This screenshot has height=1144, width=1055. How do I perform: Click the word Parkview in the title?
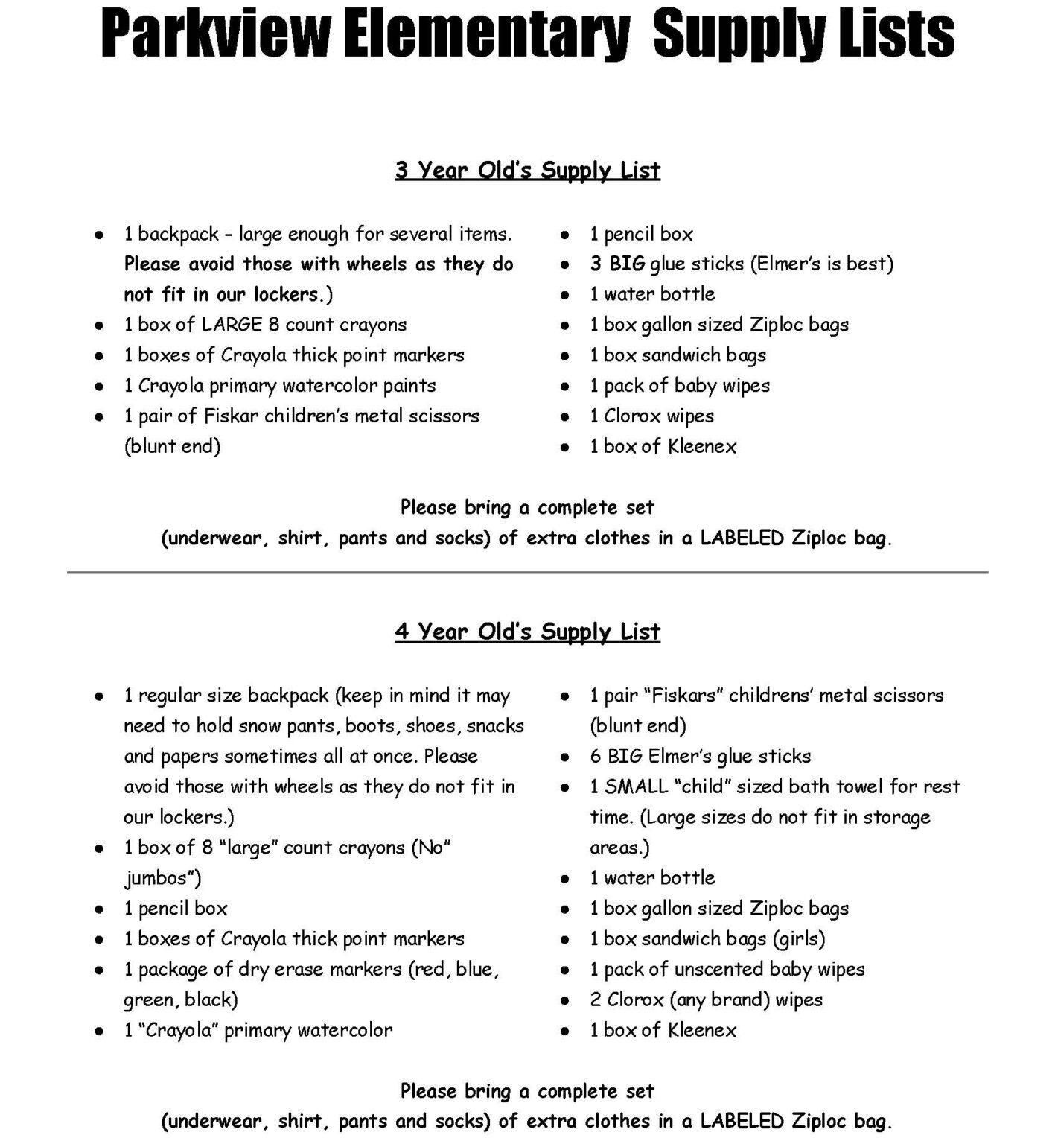coord(214,34)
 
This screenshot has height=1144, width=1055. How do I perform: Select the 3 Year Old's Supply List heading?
coord(527,170)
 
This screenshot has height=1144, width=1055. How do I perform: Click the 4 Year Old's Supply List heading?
coord(527,632)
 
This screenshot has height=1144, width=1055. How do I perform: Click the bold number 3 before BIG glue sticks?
coord(596,264)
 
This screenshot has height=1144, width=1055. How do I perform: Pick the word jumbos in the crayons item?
coord(159,879)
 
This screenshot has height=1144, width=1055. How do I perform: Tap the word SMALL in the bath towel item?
coord(632,786)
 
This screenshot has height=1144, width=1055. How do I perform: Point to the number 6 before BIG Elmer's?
coord(596,756)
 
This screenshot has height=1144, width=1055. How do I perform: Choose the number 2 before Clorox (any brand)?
coord(596,1000)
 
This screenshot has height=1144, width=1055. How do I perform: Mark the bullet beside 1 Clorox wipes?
coord(565,417)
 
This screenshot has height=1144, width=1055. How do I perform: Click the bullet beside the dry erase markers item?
coord(99,970)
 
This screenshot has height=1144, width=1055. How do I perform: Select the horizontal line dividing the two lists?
coord(527,572)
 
